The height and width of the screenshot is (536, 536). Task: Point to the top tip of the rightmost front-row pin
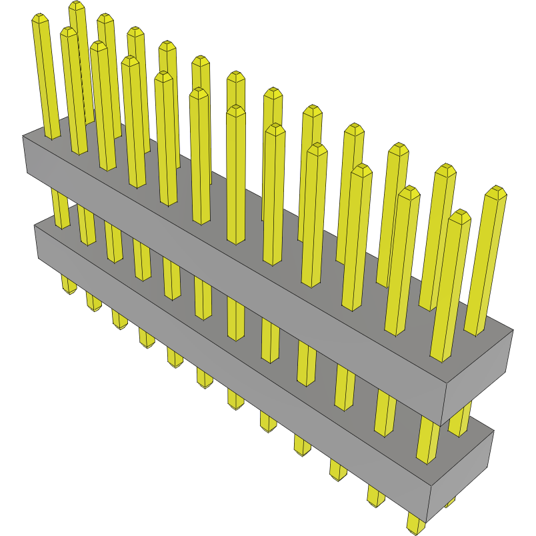459,215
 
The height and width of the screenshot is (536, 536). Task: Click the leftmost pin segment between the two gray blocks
60,210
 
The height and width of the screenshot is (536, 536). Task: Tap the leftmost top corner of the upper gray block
23,136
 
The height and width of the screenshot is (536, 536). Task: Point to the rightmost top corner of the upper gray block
513,329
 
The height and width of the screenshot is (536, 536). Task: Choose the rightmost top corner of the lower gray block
494,430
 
